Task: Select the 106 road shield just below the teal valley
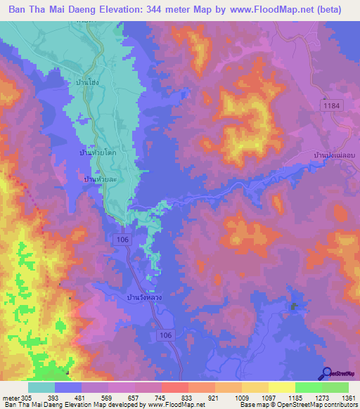(120, 240)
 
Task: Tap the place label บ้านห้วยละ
(99, 181)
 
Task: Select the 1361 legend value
(347, 398)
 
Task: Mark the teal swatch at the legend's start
(41, 387)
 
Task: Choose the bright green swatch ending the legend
(335, 387)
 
